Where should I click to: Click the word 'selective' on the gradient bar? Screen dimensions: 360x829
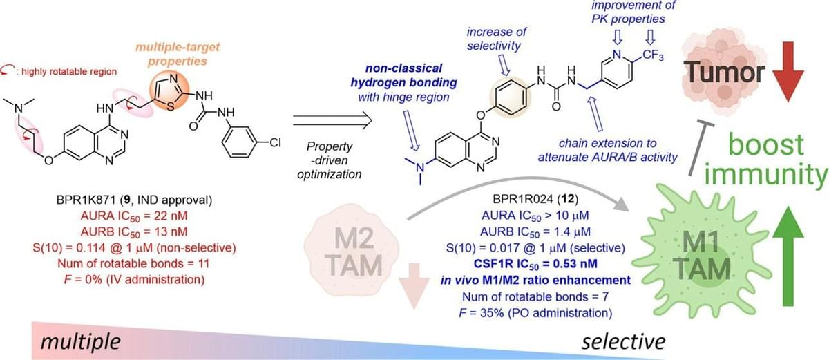click(622, 341)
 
